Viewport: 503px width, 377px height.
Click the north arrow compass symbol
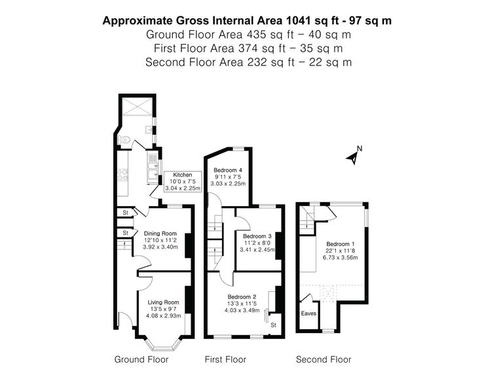pos(354,156)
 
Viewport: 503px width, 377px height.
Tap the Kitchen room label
pos(182,175)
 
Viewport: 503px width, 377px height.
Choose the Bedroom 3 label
pos(257,236)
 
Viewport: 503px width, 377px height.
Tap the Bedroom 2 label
pos(242,296)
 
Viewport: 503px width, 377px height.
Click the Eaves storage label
pos(308,314)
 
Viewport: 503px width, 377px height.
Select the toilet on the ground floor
pos(124,139)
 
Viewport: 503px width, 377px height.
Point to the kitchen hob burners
pos(122,174)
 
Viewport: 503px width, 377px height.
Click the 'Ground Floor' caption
pos(141,359)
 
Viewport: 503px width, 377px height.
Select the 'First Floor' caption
pos(225,359)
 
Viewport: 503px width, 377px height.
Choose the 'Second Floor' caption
pos(324,359)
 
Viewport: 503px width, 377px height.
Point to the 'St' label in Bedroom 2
pos(274,325)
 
